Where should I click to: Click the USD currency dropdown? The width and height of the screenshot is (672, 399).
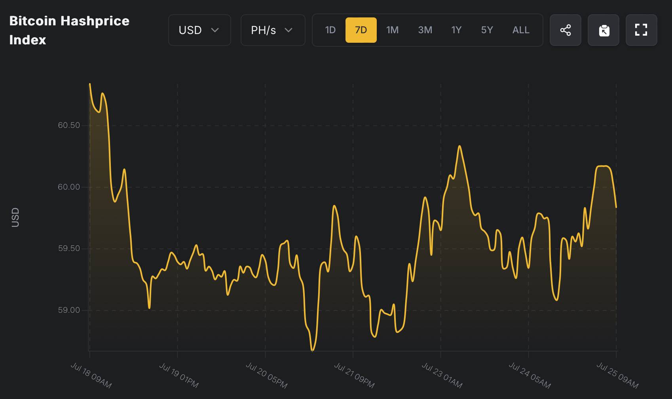(x=199, y=30)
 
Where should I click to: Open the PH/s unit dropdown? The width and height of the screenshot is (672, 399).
(x=273, y=30)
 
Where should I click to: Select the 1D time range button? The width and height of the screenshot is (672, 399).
(x=330, y=30)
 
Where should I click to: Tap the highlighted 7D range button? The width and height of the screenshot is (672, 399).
(x=361, y=30)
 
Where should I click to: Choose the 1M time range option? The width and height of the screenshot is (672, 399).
(x=392, y=30)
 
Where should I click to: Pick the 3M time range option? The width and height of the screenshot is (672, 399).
(x=425, y=30)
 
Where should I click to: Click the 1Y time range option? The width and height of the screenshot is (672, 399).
(x=456, y=30)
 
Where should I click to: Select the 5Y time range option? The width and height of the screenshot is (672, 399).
(x=487, y=30)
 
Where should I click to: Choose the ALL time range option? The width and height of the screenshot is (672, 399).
(x=521, y=30)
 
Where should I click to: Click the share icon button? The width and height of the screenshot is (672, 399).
(x=565, y=30)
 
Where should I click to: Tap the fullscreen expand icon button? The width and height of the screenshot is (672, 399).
(x=641, y=30)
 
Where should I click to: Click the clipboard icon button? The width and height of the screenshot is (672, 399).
(x=604, y=30)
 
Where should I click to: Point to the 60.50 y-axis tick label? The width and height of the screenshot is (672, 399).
(x=69, y=125)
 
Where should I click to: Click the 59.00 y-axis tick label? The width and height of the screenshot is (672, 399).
(x=69, y=310)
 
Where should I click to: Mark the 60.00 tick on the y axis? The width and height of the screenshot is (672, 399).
(x=69, y=187)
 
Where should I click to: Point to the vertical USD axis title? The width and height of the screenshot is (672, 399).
(x=15, y=217)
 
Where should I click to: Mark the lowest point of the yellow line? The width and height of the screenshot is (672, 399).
(x=313, y=350)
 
